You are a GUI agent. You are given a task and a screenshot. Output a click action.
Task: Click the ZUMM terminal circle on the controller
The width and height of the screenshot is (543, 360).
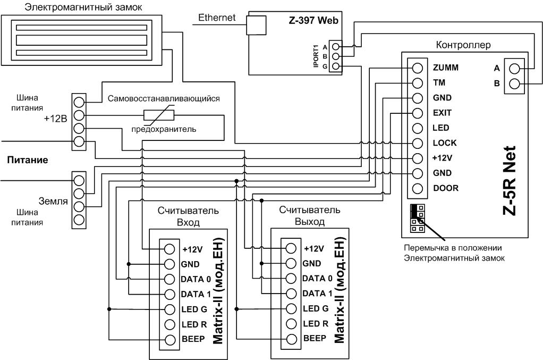click(418, 68)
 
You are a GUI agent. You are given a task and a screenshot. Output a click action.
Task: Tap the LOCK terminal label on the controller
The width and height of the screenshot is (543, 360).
click(445, 143)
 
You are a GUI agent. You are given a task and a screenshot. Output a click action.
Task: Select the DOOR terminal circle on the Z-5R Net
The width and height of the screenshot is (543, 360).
click(418, 188)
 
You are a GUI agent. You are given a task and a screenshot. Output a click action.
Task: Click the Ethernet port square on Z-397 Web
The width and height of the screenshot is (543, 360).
click(256, 26)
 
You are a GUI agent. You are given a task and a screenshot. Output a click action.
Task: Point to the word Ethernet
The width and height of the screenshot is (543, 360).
click(217, 18)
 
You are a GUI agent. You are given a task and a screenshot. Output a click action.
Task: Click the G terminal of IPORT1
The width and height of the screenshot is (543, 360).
click(335, 66)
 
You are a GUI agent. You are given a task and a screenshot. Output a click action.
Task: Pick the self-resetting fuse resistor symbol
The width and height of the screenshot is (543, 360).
click(159, 115)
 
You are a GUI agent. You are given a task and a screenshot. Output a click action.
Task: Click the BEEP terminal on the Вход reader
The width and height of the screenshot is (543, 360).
click(169, 340)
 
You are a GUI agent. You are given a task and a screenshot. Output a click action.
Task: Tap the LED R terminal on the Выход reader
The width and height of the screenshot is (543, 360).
click(291, 324)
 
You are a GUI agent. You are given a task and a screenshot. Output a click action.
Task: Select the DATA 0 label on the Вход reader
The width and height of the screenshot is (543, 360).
click(196, 279)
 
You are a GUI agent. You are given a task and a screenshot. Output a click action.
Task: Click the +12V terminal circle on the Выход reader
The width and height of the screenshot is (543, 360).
click(291, 248)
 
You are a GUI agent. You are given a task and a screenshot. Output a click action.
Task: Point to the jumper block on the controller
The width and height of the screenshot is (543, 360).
click(417, 219)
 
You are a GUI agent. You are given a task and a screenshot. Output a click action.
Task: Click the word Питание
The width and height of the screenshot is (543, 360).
click(28, 160)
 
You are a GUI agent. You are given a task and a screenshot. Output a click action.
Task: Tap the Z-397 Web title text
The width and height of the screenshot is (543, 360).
click(313, 20)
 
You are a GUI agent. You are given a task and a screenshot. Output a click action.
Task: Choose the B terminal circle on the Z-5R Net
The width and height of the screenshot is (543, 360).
click(515, 83)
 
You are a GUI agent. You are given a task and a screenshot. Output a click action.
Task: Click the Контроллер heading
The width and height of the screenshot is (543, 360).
click(463, 45)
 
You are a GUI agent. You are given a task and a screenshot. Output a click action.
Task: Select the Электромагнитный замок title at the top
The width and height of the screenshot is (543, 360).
click(83, 7)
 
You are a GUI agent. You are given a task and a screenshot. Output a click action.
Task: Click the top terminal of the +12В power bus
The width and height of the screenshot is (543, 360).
click(79, 102)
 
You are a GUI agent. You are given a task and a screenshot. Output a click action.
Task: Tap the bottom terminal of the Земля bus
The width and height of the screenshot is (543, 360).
click(79, 220)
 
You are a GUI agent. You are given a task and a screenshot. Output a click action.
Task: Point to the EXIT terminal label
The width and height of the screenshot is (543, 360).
click(442, 113)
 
